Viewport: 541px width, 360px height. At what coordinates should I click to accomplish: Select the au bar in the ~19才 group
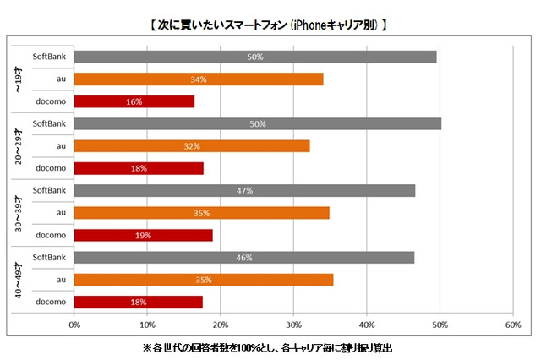(199, 79)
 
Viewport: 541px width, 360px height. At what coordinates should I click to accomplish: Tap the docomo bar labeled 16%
(134, 101)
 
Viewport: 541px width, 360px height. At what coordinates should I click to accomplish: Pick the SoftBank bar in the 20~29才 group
(258, 124)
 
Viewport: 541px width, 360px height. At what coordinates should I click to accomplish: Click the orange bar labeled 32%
(192, 146)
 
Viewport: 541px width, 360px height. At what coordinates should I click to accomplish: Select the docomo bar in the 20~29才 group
(139, 168)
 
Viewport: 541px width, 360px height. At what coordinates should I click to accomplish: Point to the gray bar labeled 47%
(245, 190)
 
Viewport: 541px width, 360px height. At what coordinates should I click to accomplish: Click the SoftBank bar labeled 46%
(244, 257)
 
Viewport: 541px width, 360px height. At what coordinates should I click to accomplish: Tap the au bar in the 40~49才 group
(204, 279)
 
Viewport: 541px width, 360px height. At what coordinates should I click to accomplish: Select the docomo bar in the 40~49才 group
(139, 301)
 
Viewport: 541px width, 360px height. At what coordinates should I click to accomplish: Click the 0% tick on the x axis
(74, 325)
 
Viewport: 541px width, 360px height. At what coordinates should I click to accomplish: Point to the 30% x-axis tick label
(293, 325)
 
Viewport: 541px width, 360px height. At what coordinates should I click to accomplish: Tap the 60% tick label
(511, 325)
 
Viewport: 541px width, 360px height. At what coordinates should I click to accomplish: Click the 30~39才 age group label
(19, 212)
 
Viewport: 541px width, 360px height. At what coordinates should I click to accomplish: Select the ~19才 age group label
(19, 79)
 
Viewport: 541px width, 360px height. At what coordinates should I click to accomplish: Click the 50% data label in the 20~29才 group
(259, 124)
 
